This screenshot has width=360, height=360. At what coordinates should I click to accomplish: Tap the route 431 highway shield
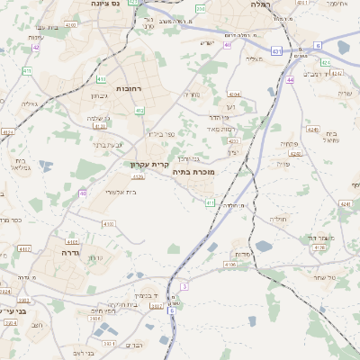276,51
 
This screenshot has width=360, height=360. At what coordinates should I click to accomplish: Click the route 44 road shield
290,80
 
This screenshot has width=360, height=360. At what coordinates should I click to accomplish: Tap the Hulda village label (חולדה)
277,218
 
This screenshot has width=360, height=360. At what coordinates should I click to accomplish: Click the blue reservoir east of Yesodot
263,245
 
